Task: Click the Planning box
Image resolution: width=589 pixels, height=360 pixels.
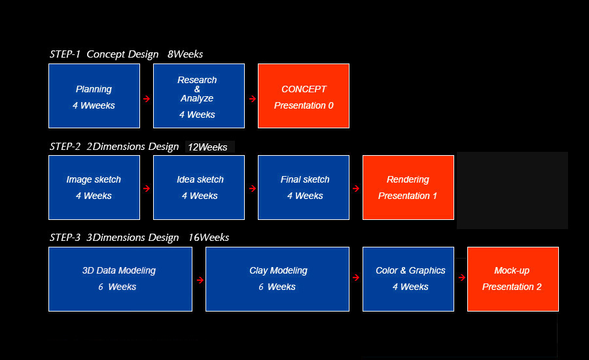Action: coord(94,96)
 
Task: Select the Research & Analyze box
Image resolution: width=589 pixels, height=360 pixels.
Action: coord(199,96)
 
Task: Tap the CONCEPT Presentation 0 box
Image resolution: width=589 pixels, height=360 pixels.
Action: coord(304,96)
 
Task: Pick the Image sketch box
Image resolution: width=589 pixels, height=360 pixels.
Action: coord(94,187)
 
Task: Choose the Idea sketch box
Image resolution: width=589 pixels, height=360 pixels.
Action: coord(199,187)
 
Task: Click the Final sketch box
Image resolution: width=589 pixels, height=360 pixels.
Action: coord(304,187)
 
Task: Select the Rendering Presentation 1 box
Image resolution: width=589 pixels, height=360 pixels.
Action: coord(408,187)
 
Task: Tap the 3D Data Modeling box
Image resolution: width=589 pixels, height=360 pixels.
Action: coord(120,279)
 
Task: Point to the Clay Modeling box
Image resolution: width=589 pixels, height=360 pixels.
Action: coord(277,279)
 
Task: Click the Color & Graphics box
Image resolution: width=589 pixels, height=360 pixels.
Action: coord(408,279)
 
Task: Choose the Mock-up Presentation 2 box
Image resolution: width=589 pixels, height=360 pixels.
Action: coord(512,279)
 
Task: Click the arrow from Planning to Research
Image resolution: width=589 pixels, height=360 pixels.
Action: coord(147,99)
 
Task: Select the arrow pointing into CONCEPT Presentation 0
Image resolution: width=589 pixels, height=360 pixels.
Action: coord(253,99)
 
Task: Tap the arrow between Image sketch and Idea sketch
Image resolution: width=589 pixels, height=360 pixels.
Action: coord(147,189)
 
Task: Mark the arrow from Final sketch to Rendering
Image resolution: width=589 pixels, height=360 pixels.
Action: coord(356,189)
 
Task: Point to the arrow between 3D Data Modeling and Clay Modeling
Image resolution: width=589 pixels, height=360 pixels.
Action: coord(200,280)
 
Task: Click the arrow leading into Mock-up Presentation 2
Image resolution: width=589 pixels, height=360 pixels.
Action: coord(462,278)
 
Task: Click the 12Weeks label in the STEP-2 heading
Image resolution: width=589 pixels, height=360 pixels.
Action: coord(207,147)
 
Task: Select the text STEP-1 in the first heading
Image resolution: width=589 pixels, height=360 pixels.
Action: coord(65,54)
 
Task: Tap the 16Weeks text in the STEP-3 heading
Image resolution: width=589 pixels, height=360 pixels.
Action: coord(209,238)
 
